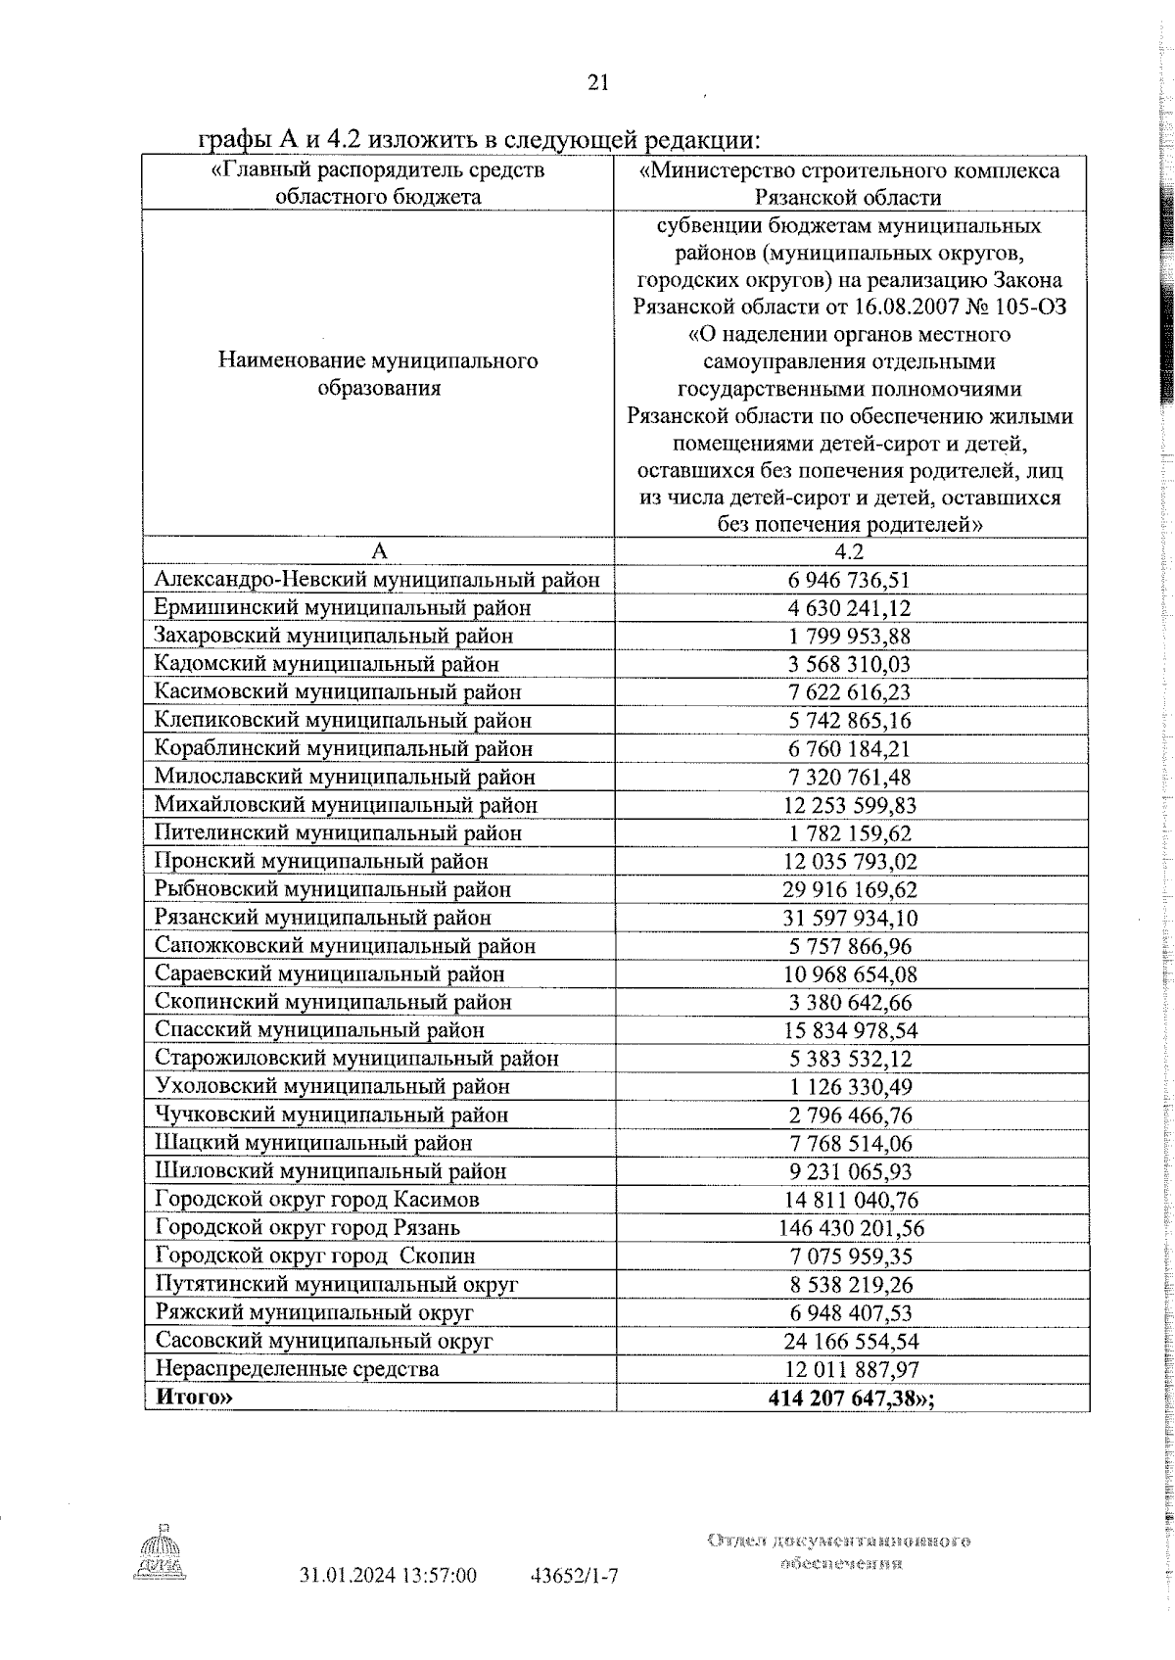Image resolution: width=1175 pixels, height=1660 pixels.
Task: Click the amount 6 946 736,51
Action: click(849, 580)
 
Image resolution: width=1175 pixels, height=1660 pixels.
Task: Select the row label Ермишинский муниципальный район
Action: click(343, 608)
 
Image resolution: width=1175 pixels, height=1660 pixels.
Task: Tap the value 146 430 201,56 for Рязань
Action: click(849, 1228)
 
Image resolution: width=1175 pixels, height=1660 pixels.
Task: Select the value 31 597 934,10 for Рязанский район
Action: click(849, 918)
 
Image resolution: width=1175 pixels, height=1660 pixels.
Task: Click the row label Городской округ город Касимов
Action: click(317, 1200)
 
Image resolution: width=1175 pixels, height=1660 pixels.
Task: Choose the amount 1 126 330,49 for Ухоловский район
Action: click(849, 1087)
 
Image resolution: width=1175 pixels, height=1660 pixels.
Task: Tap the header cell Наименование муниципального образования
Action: click(378, 374)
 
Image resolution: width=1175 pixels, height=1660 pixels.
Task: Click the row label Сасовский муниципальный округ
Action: click(324, 1341)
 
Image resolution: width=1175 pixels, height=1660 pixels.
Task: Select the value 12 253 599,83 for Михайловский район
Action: click(849, 805)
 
